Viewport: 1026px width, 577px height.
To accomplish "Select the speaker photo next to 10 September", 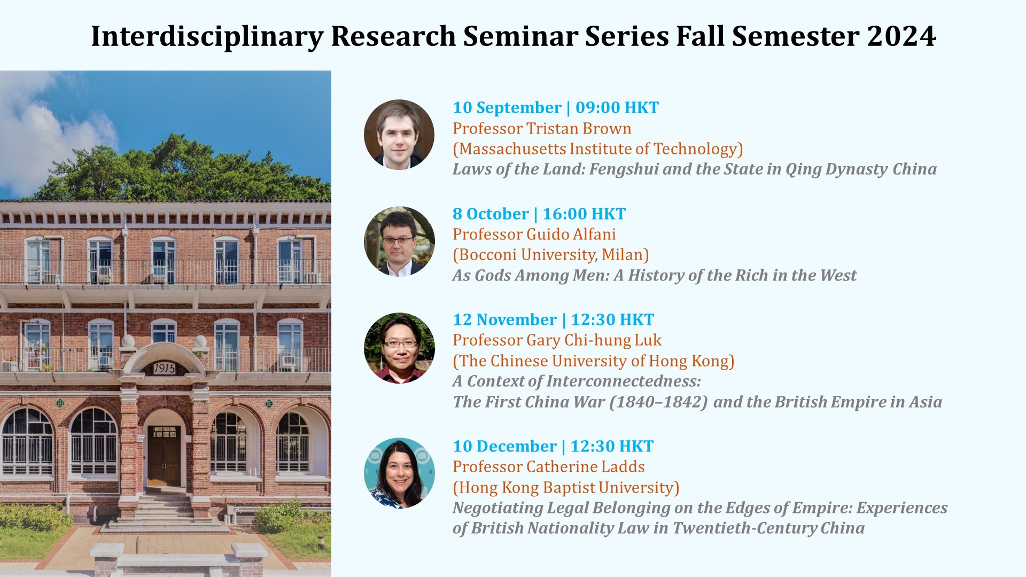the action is tap(399, 135).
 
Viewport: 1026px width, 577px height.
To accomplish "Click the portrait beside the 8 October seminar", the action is tap(399, 241).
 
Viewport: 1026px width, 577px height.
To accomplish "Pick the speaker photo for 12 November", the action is tap(399, 348).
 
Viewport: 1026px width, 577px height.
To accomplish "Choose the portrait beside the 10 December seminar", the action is tap(399, 473).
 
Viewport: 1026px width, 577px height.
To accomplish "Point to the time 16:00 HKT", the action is tap(584, 214).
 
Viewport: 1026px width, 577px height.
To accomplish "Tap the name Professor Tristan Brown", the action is tap(542, 128).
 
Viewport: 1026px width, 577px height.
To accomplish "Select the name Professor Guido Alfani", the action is tap(534, 234).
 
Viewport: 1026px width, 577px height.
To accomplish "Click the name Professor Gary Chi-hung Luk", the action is tap(557, 340).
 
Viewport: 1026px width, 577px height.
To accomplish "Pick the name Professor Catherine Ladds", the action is tap(549, 467).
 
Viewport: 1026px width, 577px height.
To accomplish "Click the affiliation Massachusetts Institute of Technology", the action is tap(598, 149).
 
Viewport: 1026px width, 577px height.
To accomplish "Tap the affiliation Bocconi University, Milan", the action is tap(551, 255).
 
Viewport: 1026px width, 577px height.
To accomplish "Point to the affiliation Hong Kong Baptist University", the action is tap(566, 487).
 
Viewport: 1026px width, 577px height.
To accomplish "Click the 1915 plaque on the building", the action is tap(164, 368).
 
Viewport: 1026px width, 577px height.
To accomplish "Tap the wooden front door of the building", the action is tap(164, 456).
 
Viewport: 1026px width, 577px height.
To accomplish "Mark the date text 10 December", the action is tap(504, 446).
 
